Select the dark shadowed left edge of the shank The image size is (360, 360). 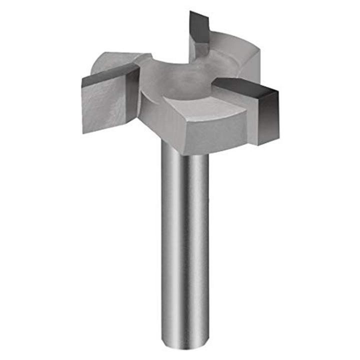pyautogui.click(x=165, y=240)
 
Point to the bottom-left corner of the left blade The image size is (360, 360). pyautogui.click(x=83, y=132)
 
